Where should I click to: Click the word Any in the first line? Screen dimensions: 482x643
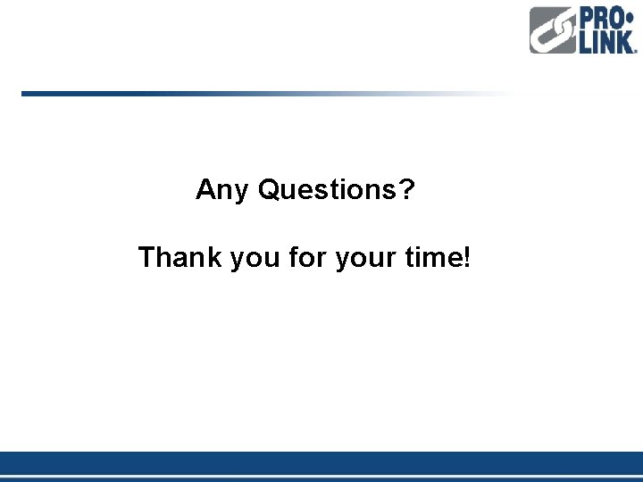click(x=222, y=190)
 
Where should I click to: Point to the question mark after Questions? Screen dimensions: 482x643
click(x=407, y=188)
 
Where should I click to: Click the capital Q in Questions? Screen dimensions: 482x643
click(x=269, y=189)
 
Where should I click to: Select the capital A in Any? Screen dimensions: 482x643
click(x=205, y=189)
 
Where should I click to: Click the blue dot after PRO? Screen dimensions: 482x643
click(x=630, y=19)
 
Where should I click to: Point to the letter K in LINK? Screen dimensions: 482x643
click(x=626, y=42)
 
